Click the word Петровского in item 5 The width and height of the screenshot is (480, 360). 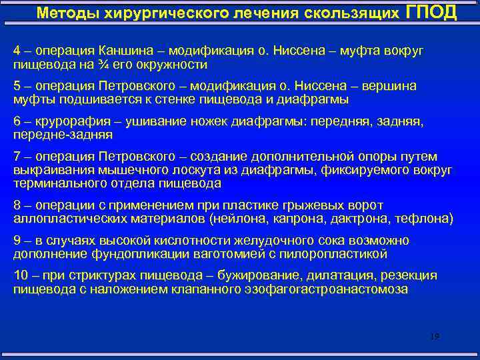pyautogui.click(x=137, y=87)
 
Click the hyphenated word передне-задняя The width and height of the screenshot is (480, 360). pyautogui.click(x=63, y=135)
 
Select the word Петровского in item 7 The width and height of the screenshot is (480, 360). pyautogui.click(x=137, y=157)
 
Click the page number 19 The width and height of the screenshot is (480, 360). pyautogui.click(x=435, y=337)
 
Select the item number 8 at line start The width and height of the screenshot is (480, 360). pyautogui.click(x=17, y=205)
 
